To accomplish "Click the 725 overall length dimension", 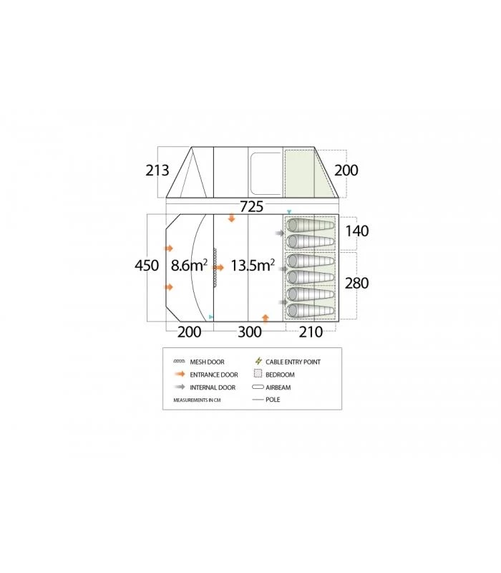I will [x=250, y=206].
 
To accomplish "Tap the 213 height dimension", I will [x=156, y=170].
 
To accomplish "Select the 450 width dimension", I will [x=146, y=265].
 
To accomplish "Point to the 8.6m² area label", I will [x=189, y=266].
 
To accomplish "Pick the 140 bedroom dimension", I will [x=356, y=232].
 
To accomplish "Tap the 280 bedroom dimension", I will [x=356, y=284].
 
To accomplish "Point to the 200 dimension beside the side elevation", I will [x=346, y=170].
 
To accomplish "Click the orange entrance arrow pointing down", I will [x=231, y=218].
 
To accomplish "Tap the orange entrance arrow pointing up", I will [x=266, y=317].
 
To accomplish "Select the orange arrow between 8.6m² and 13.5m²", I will [x=219, y=267].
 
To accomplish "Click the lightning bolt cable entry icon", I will [x=259, y=362].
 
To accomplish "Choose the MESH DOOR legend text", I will [x=208, y=362].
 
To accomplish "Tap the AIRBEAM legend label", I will [x=278, y=387].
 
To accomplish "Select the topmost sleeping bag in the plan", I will [x=310, y=225].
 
